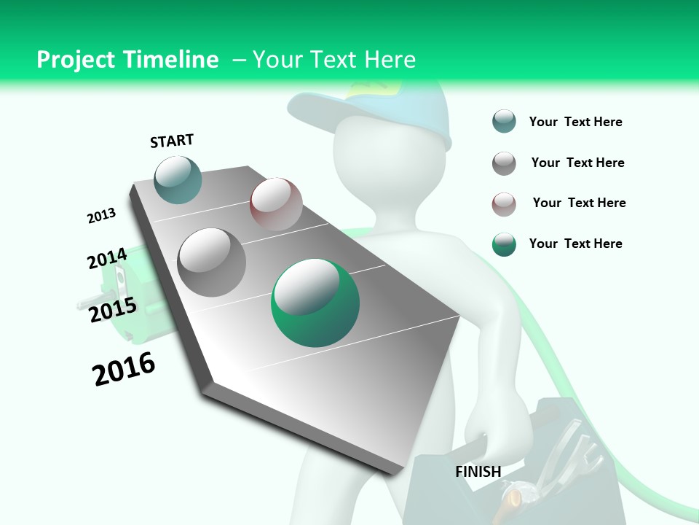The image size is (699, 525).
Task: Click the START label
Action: click(172, 141)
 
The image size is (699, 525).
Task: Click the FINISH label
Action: click(478, 472)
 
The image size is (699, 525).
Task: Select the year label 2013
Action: click(101, 216)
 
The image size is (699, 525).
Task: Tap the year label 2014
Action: click(107, 258)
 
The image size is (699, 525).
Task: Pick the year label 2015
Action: click(112, 310)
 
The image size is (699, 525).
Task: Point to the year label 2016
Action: click(124, 369)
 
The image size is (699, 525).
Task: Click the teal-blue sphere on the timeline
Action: click(178, 179)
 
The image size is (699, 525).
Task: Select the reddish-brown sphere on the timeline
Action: click(276, 204)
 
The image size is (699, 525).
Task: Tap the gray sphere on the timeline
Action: click(211, 262)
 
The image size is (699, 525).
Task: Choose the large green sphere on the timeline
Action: click(315, 303)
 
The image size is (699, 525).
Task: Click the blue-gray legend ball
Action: click(504, 122)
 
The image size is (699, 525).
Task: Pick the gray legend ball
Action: click(504, 163)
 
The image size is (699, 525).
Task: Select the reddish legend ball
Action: click(504, 204)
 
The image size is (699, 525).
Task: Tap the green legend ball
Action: click(504, 244)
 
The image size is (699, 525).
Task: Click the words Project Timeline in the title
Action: click(127, 60)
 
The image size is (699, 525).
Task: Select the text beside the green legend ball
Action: click(575, 244)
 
